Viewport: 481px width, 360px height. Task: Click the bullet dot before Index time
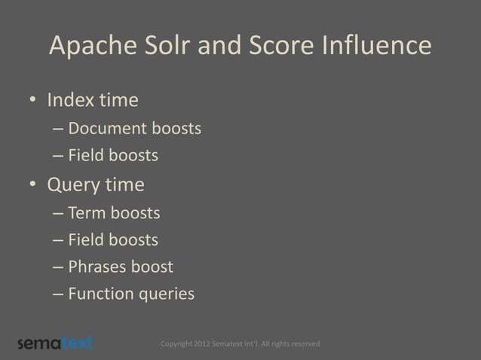coord(33,101)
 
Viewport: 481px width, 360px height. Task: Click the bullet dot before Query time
coord(33,185)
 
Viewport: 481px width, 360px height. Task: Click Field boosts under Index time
coord(112,156)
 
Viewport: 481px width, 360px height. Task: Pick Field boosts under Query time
coord(112,240)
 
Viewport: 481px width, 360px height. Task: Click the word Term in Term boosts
coord(87,213)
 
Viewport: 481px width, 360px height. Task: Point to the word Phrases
coord(99,267)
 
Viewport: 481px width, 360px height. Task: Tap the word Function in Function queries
coord(100,294)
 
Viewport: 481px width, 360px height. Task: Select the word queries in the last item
coord(165,294)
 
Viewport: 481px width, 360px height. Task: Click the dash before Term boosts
coord(58,214)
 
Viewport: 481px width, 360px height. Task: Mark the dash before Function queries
coord(58,294)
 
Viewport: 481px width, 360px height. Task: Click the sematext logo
coord(55,343)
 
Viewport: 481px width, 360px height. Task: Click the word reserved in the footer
coord(302,344)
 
